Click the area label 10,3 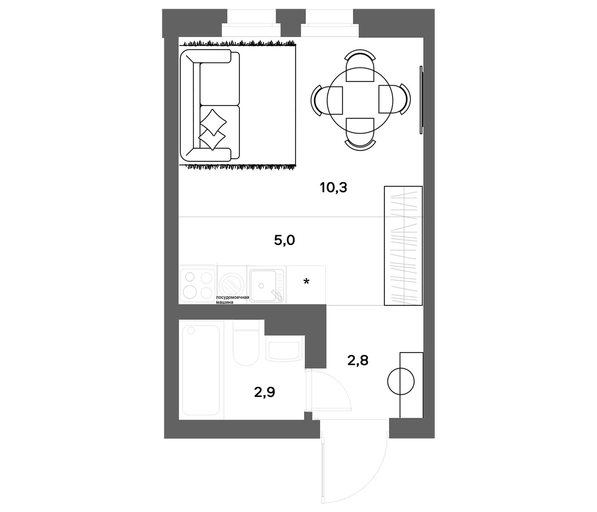333,188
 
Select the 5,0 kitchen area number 284,240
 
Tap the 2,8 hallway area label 358,360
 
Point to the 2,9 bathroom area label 264,392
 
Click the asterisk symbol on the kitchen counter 306,281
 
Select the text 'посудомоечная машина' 233,300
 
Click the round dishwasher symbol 232,286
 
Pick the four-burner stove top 198,285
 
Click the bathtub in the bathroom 200,370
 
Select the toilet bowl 246,347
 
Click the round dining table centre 360,100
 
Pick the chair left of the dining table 327,100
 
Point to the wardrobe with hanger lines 403,246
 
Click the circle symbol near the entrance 401,381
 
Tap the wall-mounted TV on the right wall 421,100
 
